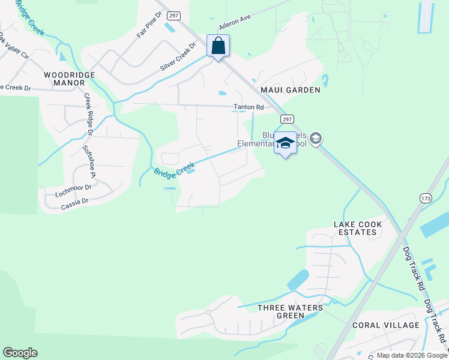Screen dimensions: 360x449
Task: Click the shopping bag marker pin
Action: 218,46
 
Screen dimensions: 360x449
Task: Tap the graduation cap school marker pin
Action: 286,143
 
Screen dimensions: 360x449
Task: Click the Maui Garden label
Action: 290,90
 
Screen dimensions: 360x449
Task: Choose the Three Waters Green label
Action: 290,312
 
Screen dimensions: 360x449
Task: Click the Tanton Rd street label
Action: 249,107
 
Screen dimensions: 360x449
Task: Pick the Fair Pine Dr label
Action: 146,28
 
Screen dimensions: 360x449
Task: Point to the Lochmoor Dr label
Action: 73,191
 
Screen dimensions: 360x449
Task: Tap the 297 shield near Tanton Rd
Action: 287,119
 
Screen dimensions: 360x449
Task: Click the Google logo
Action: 20,353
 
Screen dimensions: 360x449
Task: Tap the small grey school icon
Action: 316,139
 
